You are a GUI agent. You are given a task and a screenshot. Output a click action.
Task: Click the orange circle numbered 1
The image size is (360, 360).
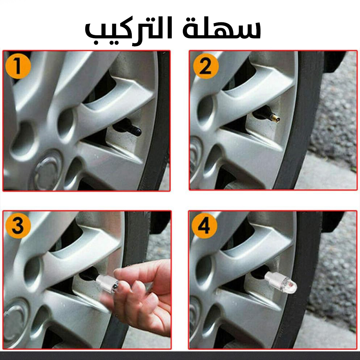(x=18, y=66)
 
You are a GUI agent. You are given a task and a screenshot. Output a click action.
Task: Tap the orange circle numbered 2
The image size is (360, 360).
(x=206, y=66)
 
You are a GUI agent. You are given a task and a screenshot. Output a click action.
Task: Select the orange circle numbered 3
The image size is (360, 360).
(x=18, y=226)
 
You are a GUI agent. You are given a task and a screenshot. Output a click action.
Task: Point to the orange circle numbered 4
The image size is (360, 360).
(x=204, y=226)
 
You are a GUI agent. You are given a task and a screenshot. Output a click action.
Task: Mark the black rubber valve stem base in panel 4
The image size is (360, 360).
(x=260, y=273)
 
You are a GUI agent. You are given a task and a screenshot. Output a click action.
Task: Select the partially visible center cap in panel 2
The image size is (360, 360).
(x=195, y=156)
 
